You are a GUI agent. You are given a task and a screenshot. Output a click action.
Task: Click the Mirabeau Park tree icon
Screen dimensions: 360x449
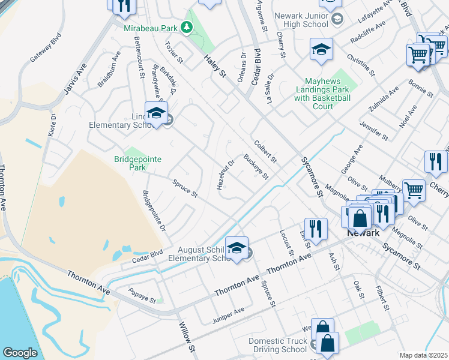coord(187,27)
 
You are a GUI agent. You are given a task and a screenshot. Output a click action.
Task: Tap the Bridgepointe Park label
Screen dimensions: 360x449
coord(130,163)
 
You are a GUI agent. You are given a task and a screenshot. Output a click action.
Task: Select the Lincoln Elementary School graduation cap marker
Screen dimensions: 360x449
coord(156,113)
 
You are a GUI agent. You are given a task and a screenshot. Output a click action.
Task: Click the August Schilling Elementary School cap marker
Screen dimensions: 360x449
coord(237,248)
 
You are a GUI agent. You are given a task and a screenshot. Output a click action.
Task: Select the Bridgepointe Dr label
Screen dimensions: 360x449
coord(154,212)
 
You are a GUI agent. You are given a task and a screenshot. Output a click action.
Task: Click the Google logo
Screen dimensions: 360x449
coord(20,353)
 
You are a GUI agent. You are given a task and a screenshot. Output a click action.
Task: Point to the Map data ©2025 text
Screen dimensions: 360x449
coord(424,355)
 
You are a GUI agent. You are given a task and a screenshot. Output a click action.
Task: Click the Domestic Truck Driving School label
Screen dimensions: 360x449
coord(278,345)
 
